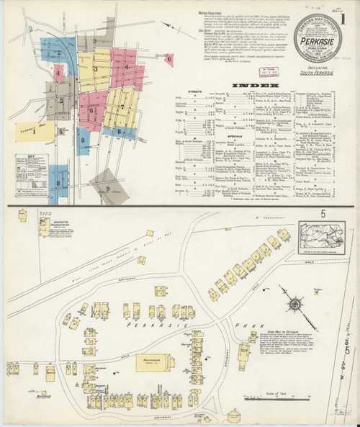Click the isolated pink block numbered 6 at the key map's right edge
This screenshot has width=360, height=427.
pyautogui.click(x=168, y=59)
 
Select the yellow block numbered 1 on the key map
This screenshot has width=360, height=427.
pyautogui.click(x=32, y=132)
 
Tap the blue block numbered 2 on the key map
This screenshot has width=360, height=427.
pyautogui.click(x=52, y=52)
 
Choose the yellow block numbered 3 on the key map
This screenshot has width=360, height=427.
pyautogui.click(x=94, y=68)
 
